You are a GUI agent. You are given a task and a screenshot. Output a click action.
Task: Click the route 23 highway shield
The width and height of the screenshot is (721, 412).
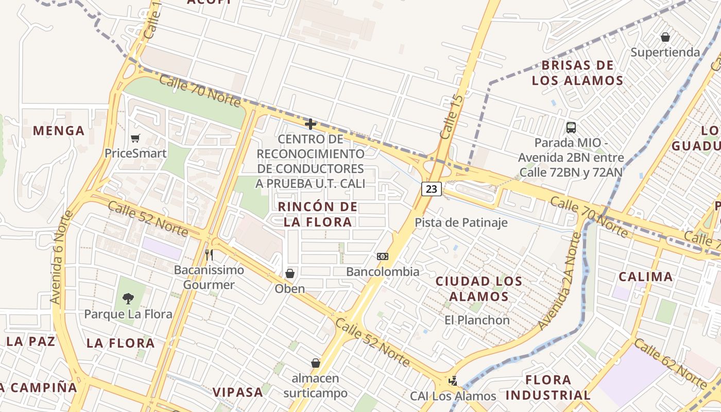[x=432, y=189]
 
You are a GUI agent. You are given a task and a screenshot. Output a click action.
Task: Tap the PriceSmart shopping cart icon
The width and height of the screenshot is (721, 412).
[x=135, y=138]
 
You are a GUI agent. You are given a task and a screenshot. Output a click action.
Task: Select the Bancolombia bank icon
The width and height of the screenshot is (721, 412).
[x=383, y=256]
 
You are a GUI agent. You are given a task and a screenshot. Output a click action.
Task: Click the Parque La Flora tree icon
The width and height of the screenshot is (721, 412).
[x=128, y=299]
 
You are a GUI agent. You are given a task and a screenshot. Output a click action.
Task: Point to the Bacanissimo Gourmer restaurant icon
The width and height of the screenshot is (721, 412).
[x=209, y=255]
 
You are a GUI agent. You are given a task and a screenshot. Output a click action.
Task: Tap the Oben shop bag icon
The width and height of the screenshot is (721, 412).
[x=290, y=273]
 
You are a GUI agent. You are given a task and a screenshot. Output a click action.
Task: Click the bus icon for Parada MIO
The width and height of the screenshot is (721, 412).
[x=571, y=127]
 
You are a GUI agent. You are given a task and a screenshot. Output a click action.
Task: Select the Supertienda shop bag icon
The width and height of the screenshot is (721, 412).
[x=665, y=37]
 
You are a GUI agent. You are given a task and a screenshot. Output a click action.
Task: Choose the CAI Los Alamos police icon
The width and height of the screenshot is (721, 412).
[x=453, y=381]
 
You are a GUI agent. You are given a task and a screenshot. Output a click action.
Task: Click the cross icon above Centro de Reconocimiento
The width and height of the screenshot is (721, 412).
[x=310, y=124]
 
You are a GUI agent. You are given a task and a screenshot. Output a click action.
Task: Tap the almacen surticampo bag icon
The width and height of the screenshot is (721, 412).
[x=316, y=363]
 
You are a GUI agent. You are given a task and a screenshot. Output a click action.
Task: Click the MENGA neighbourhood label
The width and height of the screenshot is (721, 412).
[x=59, y=131]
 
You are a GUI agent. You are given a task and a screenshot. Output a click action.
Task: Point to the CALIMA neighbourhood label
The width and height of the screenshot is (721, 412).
[x=645, y=277]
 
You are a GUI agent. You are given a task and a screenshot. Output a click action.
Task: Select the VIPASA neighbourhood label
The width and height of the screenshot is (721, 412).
[x=238, y=392]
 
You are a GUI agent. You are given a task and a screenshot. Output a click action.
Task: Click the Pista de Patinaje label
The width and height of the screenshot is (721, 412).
[x=461, y=222]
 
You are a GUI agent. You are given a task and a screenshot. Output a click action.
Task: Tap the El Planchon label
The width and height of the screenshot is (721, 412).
[x=477, y=320]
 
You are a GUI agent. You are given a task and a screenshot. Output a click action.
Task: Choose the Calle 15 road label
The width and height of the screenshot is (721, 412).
[x=452, y=116]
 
